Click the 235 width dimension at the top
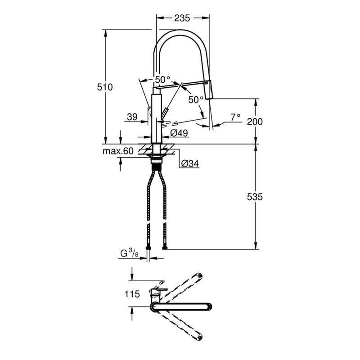click(182, 18)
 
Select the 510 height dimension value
click(105, 87)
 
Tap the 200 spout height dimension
click(255, 121)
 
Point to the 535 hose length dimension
click(255, 197)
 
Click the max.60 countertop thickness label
click(118, 151)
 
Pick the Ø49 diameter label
click(179, 133)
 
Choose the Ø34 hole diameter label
click(190, 163)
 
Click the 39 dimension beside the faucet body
click(132, 117)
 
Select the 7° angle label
click(235, 117)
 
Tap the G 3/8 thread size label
click(130, 253)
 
